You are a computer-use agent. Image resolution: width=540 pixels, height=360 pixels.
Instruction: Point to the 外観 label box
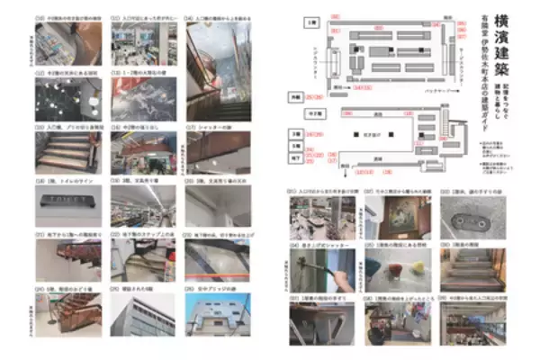tap(292, 95)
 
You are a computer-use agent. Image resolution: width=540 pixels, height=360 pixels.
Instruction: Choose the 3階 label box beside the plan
tap(292, 130)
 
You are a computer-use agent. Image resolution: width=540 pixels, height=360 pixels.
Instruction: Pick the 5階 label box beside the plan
tap(292, 143)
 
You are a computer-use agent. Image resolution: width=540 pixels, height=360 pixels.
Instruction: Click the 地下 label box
tap(292, 156)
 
